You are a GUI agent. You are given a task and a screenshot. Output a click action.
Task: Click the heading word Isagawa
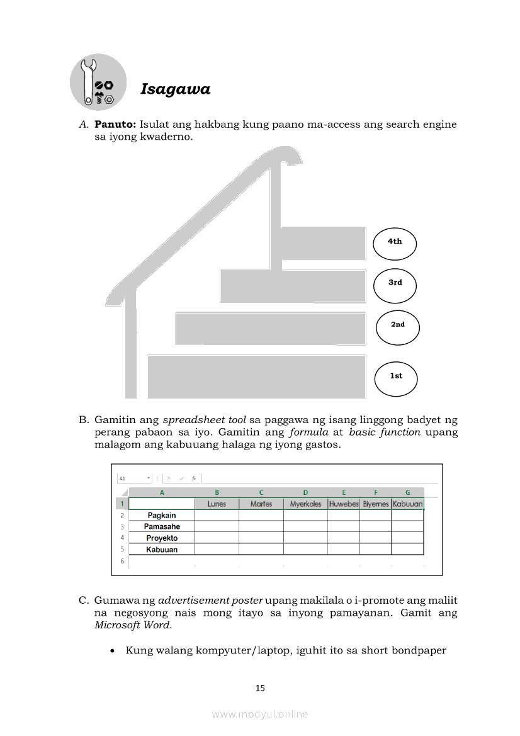(x=175, y=89)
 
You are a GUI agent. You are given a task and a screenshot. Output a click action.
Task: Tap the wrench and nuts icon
(x=98, y=82)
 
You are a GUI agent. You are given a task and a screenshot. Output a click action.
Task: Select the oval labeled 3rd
(x=395, y=285)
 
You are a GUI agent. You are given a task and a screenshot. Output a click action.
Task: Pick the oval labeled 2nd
(x=397, y=327)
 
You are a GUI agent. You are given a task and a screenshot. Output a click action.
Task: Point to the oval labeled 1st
(x=395, y=378)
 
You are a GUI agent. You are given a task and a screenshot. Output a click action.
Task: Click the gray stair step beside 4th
(x=322, y=244)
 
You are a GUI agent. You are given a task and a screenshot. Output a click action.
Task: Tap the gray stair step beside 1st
(x=257, y=376)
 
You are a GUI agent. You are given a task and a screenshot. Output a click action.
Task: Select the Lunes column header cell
(x=217, y=504)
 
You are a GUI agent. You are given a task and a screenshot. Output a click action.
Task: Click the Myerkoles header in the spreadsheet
(x=305, y=504)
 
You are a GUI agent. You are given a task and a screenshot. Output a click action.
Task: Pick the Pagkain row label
(x=162, y=516)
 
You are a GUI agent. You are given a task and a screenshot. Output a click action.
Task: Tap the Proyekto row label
(x=162, y=538)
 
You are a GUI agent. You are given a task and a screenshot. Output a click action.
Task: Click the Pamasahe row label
(x=162, y=527)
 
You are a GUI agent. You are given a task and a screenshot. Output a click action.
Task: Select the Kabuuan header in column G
(x=407, y=504)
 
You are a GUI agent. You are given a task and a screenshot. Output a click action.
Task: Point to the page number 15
(x=260, y=688)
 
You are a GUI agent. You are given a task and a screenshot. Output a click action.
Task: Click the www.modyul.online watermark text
(x=260, y=715)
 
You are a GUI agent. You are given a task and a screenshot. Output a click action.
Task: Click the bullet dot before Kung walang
(x=112, y=651)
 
